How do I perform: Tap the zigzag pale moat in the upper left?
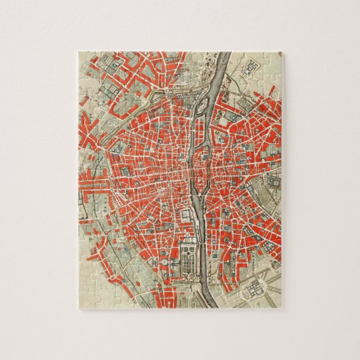[102, 102]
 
